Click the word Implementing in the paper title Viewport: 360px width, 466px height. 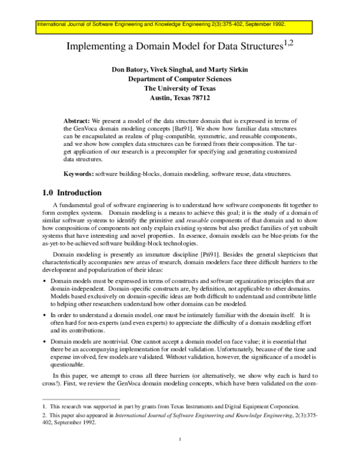95,46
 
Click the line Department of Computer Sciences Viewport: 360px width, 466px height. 180,78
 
